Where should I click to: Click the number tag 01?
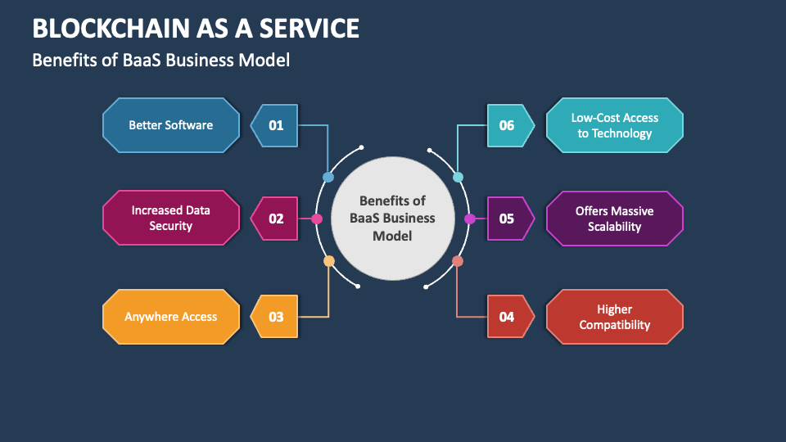point(275,125)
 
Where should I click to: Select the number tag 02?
point(275,219)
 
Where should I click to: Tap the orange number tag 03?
point(275,316)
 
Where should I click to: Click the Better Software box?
point(171,125)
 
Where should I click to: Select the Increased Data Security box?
point(171,218)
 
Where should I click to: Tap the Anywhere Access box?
point(171,316)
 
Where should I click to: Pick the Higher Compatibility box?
point(614,316)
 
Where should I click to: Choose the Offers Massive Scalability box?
point(614,219)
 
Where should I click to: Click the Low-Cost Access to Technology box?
point(614,125)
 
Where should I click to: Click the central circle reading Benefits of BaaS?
point(392,218)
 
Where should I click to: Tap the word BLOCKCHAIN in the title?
point(107,29)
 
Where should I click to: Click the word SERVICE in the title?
point(309,29)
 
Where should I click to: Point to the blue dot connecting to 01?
point(328,177)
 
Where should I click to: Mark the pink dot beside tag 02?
point(317,219)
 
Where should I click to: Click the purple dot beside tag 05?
point(470,219)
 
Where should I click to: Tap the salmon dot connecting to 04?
point(458,261)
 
